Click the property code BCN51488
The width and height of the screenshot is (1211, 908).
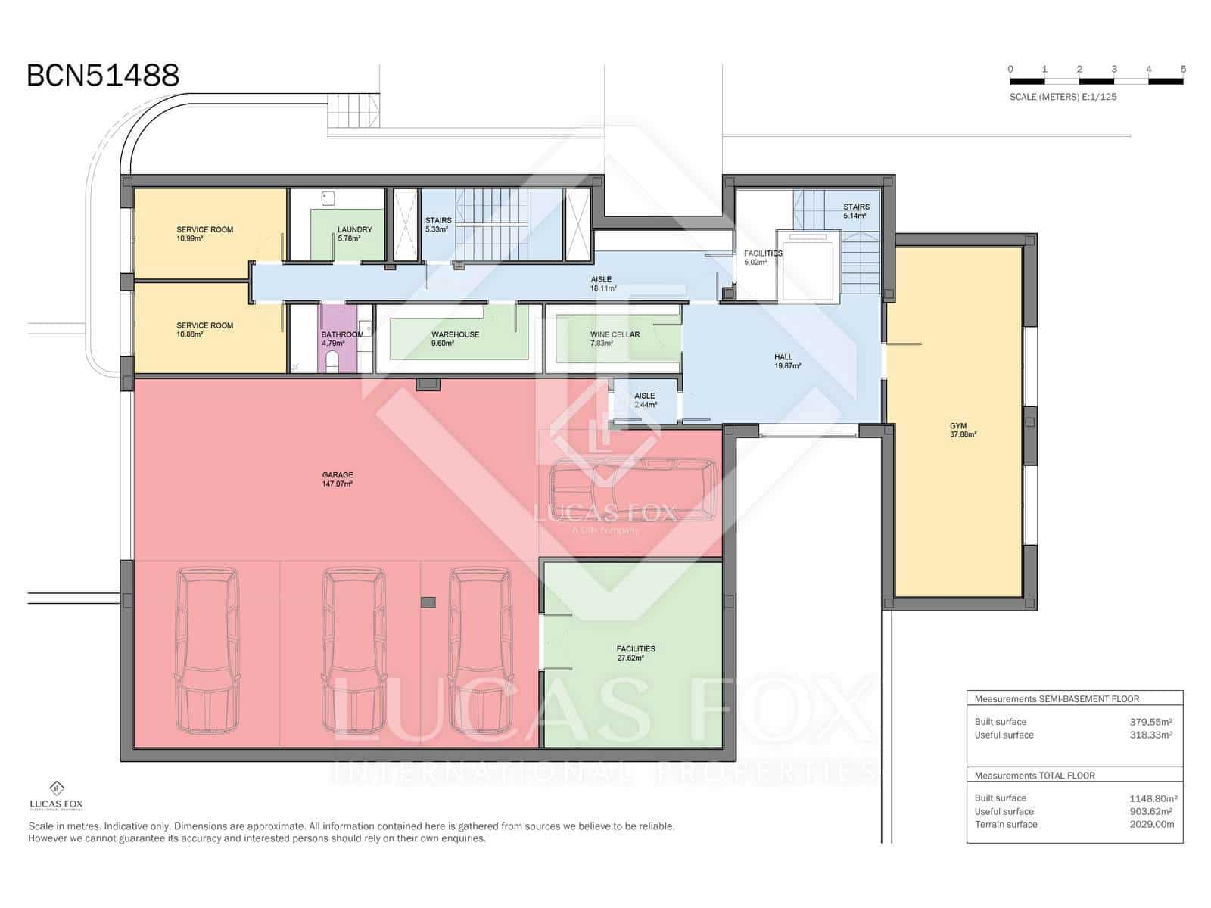click(x=103, y=76)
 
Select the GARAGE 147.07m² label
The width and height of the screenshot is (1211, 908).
click(x=338, y=479)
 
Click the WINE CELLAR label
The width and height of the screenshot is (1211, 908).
click(x=615, y=338)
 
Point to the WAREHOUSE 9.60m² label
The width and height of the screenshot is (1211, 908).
click(x=455, y=338)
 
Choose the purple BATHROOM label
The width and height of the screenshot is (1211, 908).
click(x=342, y=338)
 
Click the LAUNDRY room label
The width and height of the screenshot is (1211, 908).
click(x=354, y=233)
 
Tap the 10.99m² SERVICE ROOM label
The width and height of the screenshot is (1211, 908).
click(x=204, y=233)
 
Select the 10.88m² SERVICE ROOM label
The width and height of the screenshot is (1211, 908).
click(x=204, y=329)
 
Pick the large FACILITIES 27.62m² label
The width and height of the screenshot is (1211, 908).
click(x=635, y=653)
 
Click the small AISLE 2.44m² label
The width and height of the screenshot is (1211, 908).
click(x=645, y=400)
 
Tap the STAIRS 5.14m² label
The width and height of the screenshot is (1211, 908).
click(x=856, y=210)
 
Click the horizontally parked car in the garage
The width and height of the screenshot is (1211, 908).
click(x=633, y=490)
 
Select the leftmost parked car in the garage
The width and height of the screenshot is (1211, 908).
click(x=207, y=651)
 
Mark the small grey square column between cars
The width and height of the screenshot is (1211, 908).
click(x=428, y=602)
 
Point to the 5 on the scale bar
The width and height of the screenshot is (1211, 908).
click(x=1183, y=69)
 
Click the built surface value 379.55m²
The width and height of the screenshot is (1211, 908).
click(x=1150, y=722)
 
